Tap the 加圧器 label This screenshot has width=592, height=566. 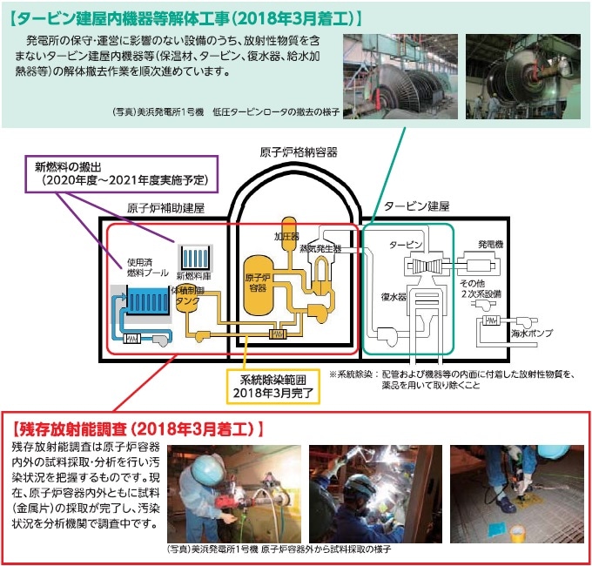pyautogui.click(x=286, y=235)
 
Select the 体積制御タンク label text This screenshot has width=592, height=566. pyautogui.click(x=187, y=295)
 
